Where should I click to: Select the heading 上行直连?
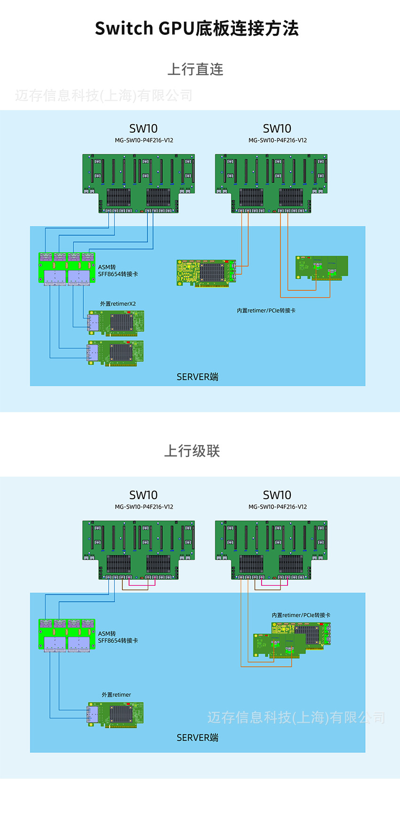tap(195, 70)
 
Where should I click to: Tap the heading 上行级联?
tap(192, 451)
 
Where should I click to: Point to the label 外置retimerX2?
tap(118, 304)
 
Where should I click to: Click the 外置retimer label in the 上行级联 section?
tap(116, 694)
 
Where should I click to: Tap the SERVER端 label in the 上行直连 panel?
tap(197, 377)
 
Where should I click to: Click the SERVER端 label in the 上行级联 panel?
tap(197, 738)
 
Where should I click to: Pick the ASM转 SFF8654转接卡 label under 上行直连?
tap(118, 271)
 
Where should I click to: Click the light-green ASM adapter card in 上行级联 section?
tap(66, 636)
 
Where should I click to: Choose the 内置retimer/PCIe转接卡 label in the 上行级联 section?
tap(301, 615)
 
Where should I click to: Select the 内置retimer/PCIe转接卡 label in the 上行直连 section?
tap(266, 311)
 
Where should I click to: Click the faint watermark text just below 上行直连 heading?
tap(104, 96)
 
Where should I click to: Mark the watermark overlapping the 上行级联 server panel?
tap(296, 718)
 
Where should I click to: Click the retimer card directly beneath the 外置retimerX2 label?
tap(116, 323)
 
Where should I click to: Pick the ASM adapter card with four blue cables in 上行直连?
tap(66, 269)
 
